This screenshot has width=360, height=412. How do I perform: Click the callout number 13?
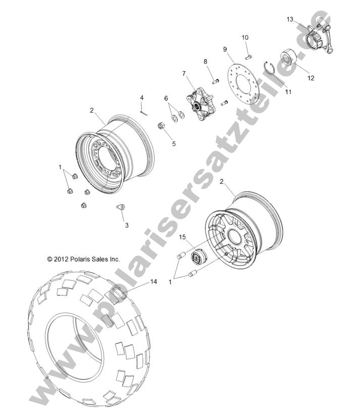tap(290, 19)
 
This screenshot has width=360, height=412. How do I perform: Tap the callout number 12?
tap(311, 78)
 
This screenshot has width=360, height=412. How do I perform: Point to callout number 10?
tap(245, 38)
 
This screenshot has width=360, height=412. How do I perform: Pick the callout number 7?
tap(184, 74)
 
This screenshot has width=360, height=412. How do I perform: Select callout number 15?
tap(183, 236)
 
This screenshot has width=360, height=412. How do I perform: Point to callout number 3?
tap(127, 225)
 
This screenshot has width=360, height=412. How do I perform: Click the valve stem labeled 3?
tap(121, 207)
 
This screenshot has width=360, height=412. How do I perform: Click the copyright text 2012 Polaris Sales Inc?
tap(83, 259)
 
